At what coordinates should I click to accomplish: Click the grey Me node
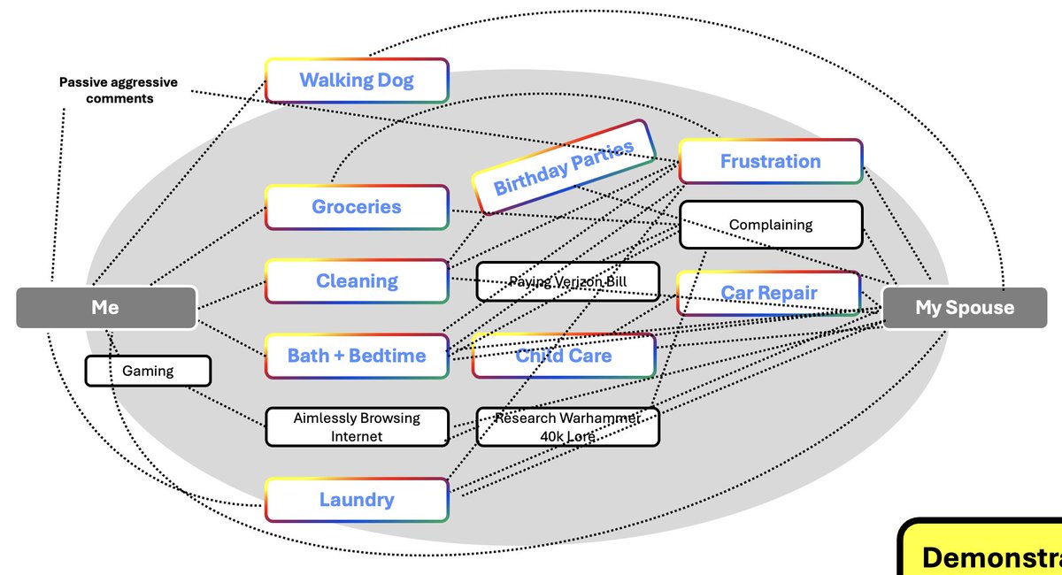click(105, 307)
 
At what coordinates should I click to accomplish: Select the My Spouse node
click(965, 307)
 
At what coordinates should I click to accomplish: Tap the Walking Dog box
click(357, 80)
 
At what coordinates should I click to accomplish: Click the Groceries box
click(357, 207)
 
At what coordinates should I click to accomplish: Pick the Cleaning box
click(357, 281)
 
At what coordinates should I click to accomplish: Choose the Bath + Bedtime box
click(357, 356)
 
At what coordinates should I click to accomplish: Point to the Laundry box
click(357, 500)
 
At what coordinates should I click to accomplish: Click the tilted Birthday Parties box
click(563, 167)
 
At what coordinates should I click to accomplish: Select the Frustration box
click(770, 161)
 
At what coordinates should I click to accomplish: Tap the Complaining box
click(770, 225)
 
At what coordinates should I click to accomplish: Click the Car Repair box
click(768, 293)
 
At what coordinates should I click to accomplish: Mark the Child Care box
click(564, 356)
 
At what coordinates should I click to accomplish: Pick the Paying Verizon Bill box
click(567, 281)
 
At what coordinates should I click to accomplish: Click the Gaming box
click(148, 371)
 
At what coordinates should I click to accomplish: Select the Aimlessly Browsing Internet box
click(357, 426)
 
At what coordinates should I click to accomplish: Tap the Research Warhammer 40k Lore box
click(567, 426)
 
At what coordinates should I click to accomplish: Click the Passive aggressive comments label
click(119, 90)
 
